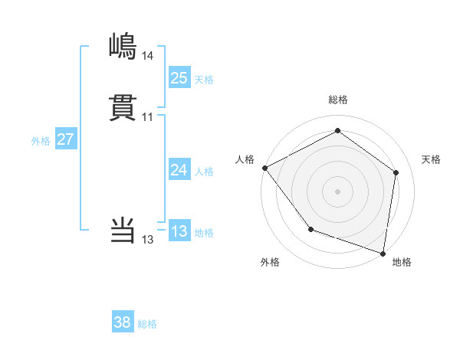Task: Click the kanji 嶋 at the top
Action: pyautogui.click(x=123, y=46)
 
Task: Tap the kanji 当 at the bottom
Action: pyautogui.click(x=123, y=230)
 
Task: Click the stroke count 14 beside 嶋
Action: pyautogui.click(x=147, y=56)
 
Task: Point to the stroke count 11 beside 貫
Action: pyautogui.click(x=147, y=117)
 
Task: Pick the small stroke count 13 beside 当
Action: pyautogui.click(x=147, y=240)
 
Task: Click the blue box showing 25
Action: pyautogui.click(x=179, y=77)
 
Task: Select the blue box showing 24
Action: pyautogui.click(x=179, y=170)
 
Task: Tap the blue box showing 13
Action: pyautogui.click(x=179, y=231)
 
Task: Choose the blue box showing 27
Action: pyautogui.click(x=65, y=139)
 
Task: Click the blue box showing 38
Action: pyautogui.click(x=123, y=322)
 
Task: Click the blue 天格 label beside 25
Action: pyautogui.click(x=204, y=80)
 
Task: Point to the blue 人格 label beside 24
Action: pyautogui.click(x=204, y=172)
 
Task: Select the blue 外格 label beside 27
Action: pyautogui.click(x=41, y=142)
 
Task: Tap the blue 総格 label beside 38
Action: pyautogui.click(x=147, y=325)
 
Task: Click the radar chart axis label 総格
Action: pyautogui.click(x=337, y=100)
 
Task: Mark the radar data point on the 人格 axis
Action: pyautogui.click(x=264, y=167)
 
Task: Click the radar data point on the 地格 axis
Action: pyautogui.click(x=383, y=253)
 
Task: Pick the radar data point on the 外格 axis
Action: pyautogui.click(x=310, y=229)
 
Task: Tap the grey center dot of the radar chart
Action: pyautogui.click(x=337, y=191)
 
